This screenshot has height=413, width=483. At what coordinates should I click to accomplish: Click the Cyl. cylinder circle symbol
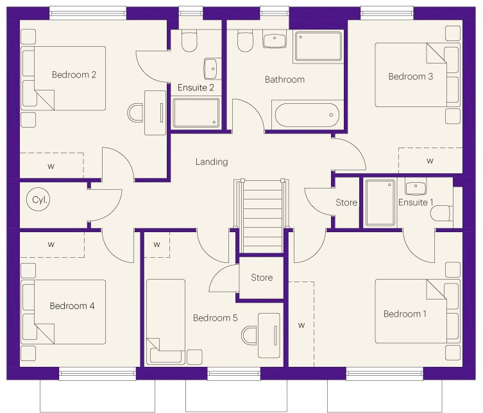point(38,199)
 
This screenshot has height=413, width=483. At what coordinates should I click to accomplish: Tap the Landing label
point(212,162)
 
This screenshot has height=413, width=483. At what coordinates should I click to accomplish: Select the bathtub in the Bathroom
point(307,115)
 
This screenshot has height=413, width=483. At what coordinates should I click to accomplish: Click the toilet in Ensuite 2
point(189,40)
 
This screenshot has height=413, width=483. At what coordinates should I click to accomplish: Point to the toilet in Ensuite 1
point(441,213)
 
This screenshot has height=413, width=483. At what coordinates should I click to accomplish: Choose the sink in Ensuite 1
point(416,187)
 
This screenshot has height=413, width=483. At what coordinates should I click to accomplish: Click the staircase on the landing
point(262,216)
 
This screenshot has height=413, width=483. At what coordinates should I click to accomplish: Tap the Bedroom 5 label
point(216,318)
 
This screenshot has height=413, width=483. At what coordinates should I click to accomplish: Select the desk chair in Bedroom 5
point(250,335)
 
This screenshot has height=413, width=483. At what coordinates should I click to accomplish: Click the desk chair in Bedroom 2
point(135,113)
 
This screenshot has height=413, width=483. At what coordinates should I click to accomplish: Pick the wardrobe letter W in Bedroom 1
point(301,325)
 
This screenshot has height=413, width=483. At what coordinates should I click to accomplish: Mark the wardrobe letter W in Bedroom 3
point(430,160)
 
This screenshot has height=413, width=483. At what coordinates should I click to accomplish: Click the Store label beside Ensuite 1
point(346,203)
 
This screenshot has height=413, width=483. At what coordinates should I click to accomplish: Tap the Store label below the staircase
point(262,278)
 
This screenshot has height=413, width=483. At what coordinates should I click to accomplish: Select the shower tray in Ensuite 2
point(196,113)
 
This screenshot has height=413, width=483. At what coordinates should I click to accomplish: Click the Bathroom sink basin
point(275,40)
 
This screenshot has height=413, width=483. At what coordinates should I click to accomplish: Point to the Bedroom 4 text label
point(72,306)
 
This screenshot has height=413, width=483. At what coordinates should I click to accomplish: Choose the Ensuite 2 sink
point(212,69)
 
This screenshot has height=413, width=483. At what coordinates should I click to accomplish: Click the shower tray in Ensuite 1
point(380,203)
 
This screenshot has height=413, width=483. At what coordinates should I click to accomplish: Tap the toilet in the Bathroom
point(246,40)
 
